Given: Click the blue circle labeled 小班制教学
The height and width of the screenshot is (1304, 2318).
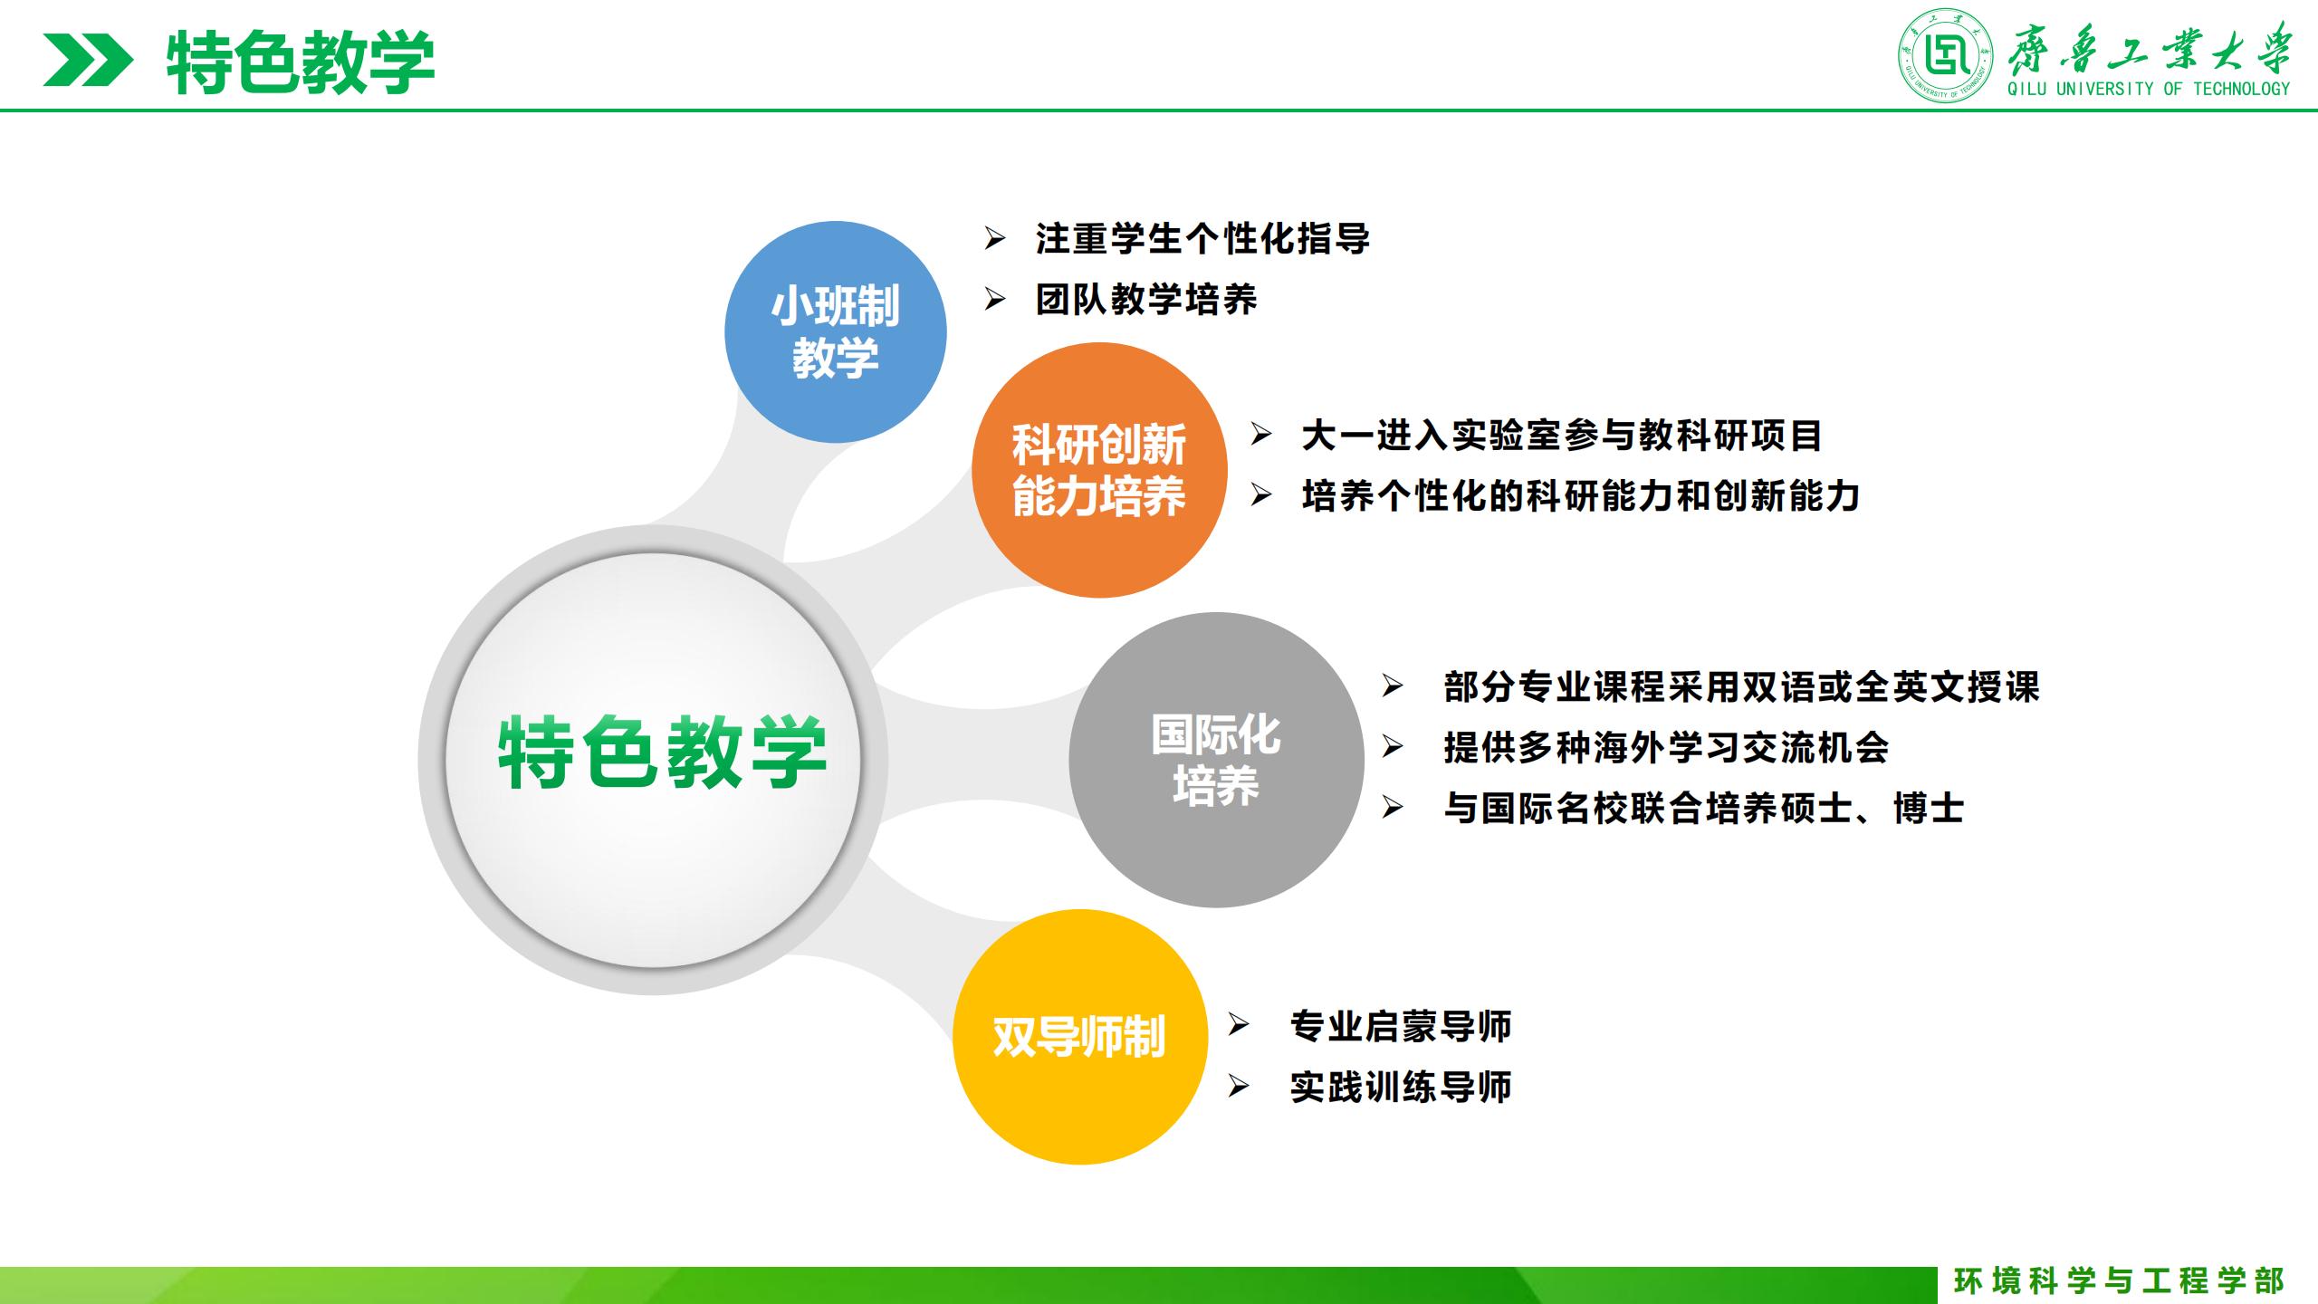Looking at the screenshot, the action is [x=835, y=332].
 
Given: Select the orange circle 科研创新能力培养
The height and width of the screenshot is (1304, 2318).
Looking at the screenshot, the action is [x=1099, y=470].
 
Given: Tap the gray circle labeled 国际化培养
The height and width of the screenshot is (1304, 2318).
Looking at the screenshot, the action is [x=1216, y=760].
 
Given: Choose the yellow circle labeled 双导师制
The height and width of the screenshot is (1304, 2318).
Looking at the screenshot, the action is [x=1080, y=1037].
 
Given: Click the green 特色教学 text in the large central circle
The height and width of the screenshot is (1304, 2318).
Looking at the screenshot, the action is [x=663, y=753].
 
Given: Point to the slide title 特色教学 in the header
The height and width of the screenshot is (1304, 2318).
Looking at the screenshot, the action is [x=301, y=62].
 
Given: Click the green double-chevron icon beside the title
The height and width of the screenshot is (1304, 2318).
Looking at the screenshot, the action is [x=88, y=60].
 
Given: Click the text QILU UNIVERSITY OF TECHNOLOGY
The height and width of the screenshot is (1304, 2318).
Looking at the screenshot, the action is [x=2148, y=89].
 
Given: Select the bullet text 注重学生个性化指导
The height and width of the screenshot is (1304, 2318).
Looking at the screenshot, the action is [x=1202, y=239].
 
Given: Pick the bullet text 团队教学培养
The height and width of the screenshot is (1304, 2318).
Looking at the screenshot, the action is [x=1146, y=300].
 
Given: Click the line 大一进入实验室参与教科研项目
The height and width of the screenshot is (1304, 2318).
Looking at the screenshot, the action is [x=1562, y=436].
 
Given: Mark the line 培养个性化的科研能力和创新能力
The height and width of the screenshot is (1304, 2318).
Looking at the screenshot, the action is [x=1581, y=496].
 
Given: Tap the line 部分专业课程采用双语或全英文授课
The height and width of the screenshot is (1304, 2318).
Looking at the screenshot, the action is [x=1742, y=687].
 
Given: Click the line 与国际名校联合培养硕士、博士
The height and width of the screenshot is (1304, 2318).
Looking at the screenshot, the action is [x=1704, y=808].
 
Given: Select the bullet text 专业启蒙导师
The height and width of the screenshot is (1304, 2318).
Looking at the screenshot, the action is [x=1401, y=1026].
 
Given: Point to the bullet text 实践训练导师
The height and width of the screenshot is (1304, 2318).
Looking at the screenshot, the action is [x=1401, y=1087].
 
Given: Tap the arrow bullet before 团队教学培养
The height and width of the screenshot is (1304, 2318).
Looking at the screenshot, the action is [x=995, y=300].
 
